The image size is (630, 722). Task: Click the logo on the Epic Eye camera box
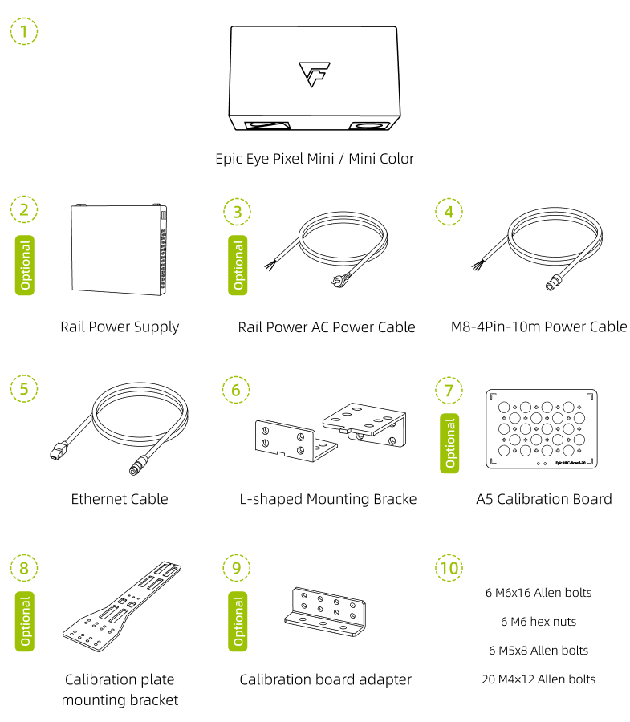point(315,74)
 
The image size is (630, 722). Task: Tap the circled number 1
point(24,31)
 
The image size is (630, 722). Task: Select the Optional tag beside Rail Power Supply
point(25,266)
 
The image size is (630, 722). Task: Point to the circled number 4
point(449,212)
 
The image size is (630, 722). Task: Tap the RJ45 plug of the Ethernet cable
point(58,451)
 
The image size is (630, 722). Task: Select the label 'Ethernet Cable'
point(120,499)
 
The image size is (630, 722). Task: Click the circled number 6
point(236,390)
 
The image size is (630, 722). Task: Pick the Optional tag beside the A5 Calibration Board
point(449,443)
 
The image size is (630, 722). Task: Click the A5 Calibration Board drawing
point(542,428)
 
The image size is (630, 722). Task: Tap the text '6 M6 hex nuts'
point(539,622)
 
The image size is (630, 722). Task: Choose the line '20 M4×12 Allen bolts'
point(539,679)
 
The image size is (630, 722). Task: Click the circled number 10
point(449,568)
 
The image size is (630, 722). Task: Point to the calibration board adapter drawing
point(325,611)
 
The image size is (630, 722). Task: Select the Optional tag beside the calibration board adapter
point(238,621)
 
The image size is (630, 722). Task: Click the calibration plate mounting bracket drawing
point(122,606)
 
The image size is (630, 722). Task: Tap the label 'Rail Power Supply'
point(120,327)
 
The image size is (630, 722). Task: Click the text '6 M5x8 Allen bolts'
point(539,650)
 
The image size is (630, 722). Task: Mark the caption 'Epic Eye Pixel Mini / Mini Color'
point(315,159)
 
